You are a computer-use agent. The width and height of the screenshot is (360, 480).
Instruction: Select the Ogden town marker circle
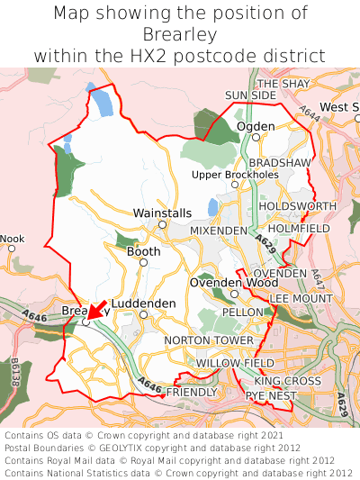click(256, 137)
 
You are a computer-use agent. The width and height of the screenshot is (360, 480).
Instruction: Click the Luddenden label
click(143, 303)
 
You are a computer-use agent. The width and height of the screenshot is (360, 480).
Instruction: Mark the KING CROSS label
click(287, 381)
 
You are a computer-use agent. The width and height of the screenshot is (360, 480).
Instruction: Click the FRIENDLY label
click(193, 393)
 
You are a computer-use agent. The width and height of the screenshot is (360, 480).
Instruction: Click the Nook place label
click(12, 239)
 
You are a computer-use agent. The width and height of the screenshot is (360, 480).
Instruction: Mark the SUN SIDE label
click(250, 95)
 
